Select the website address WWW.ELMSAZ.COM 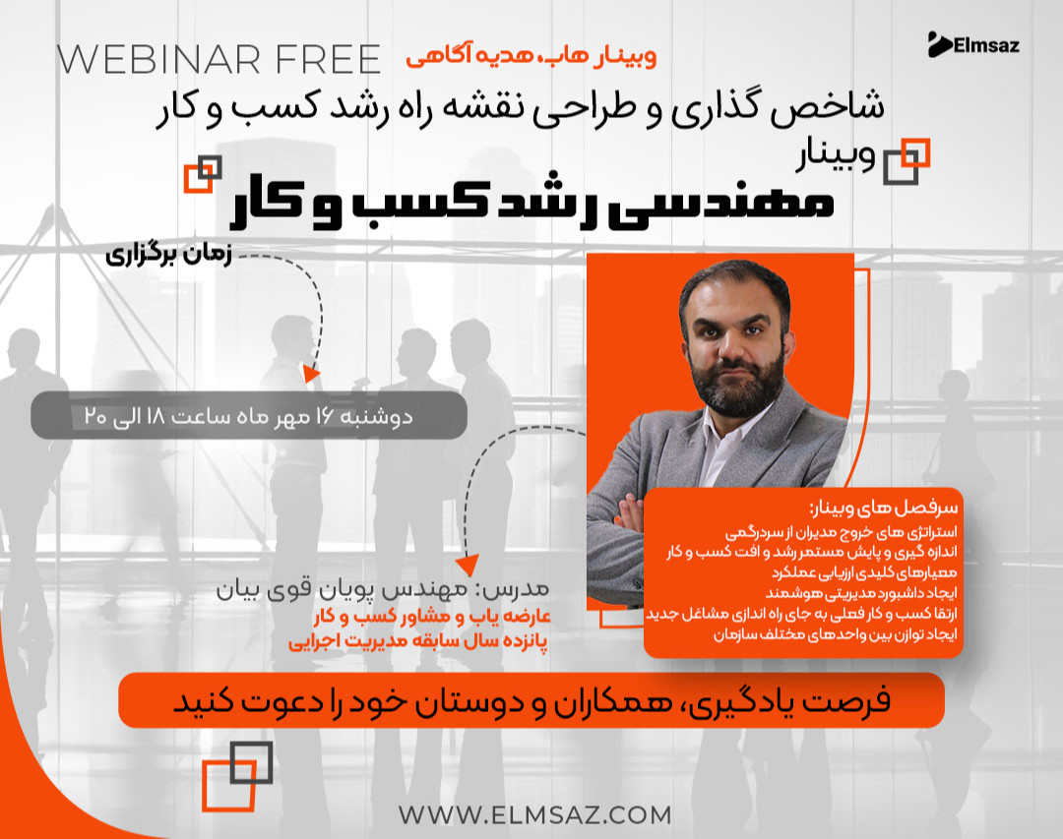[x=535, y=814]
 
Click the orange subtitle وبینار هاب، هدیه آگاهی [x=531, y=55]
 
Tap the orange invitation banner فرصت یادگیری [x=531, y=700]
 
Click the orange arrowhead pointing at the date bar [x=312, y=375]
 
